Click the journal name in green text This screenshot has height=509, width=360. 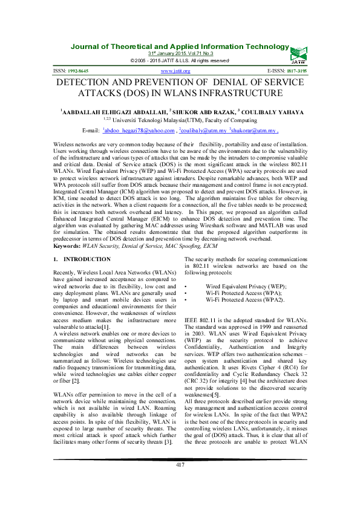tap(180, 47)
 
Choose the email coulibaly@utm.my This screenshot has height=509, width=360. tap(221, 130)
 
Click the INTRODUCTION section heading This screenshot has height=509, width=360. tap(90, 259)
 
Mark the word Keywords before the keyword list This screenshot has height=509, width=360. tap(67, 247)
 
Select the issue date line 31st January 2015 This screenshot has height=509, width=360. tap(180, 54)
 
